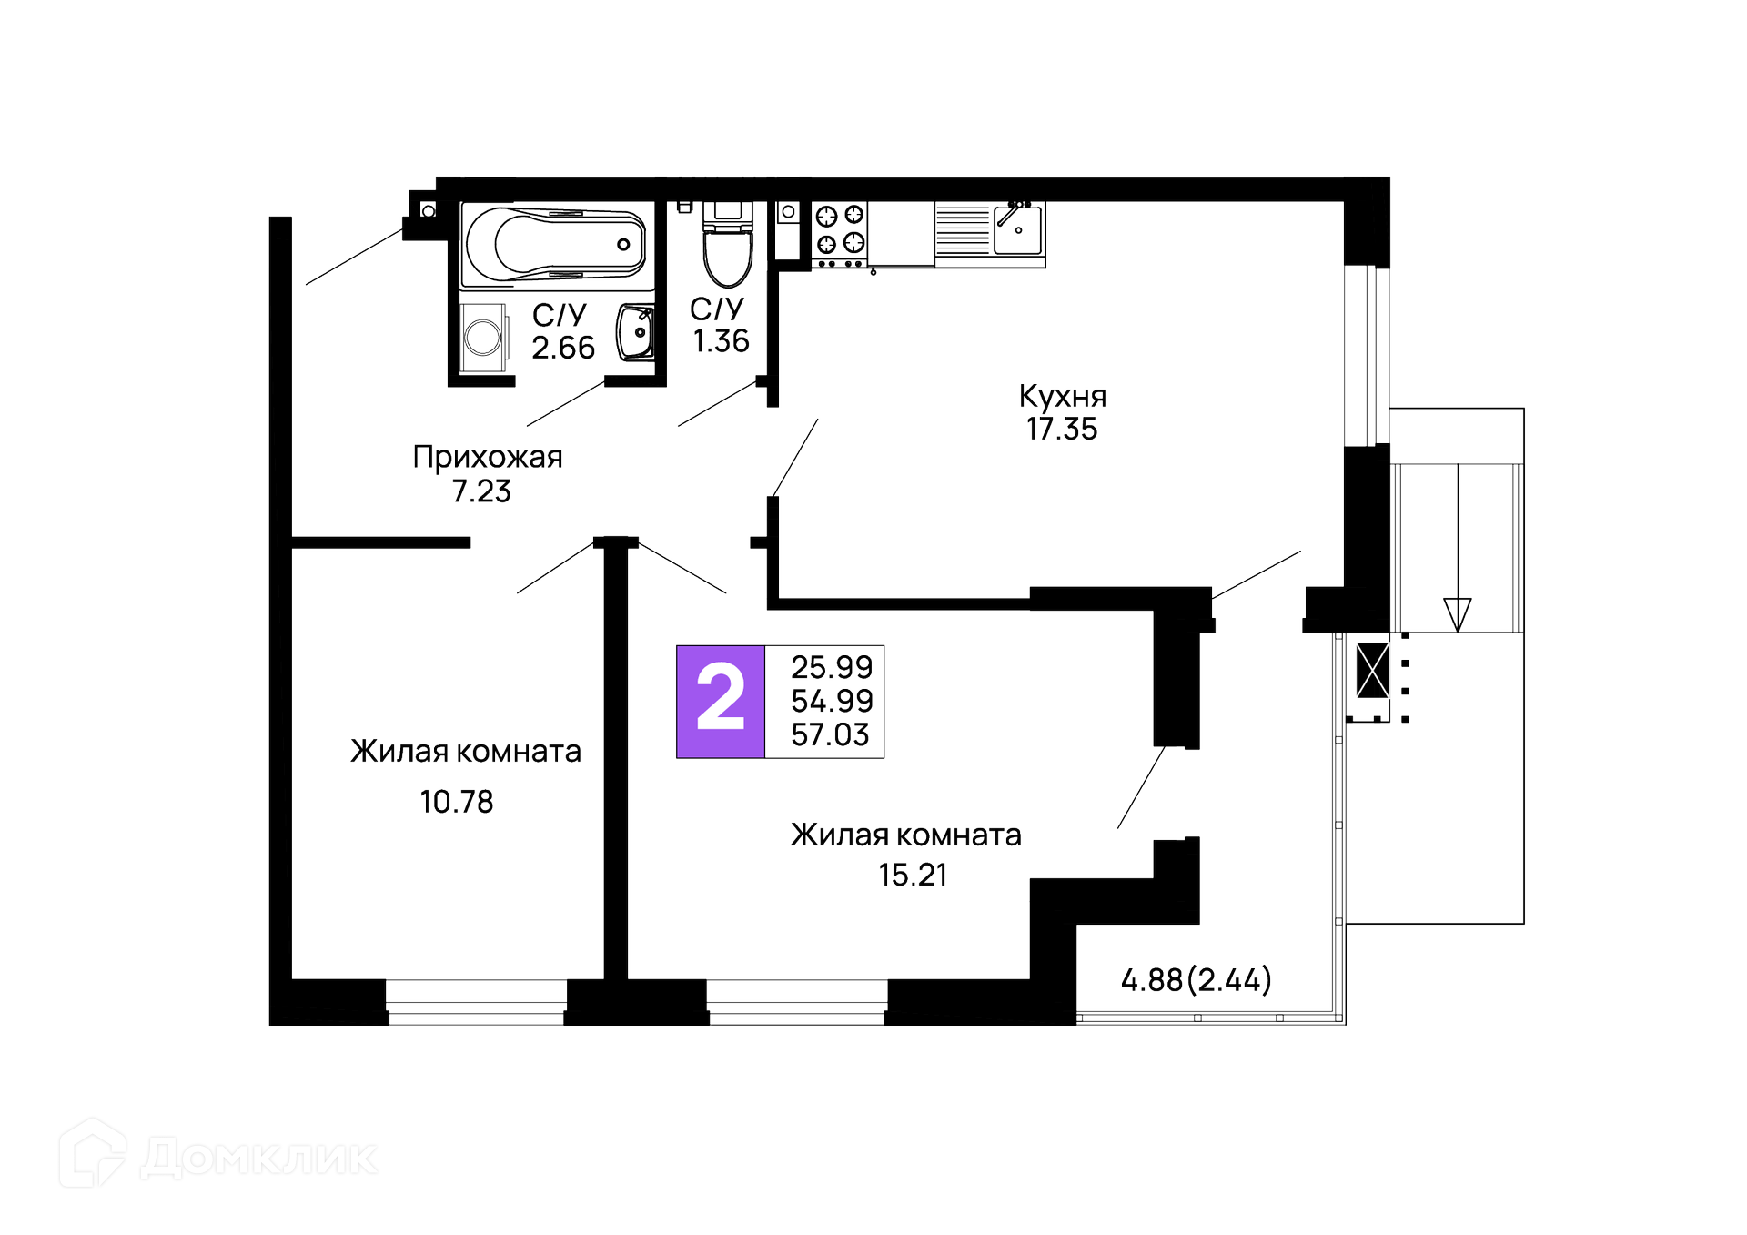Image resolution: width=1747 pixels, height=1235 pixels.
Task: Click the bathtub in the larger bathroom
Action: [556, 245]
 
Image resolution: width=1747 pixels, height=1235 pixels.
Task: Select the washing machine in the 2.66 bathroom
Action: [483, 338]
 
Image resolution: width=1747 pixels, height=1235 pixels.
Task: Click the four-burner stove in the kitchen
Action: [839, 229]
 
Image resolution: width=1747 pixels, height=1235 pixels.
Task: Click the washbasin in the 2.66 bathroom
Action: [636, 332]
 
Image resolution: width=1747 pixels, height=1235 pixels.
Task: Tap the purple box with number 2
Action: [721, 701]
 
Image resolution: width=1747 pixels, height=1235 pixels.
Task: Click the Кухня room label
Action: [1062, 397]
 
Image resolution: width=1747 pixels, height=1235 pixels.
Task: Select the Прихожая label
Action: [487, 457]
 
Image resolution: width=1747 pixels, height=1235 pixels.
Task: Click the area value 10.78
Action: [456, 802]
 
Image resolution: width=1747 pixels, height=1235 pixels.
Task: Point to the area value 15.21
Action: [913, 875]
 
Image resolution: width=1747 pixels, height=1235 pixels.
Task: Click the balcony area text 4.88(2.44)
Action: [1196, 980]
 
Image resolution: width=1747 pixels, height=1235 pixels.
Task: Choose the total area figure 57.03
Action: [830, 734]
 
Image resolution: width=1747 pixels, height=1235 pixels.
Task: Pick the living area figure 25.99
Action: [831, 667]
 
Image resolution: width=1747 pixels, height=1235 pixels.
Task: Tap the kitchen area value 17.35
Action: [1062, 430]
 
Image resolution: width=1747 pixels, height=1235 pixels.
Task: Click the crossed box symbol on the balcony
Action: [1372, 670]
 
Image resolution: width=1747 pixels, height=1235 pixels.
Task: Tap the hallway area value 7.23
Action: [481, 491]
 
